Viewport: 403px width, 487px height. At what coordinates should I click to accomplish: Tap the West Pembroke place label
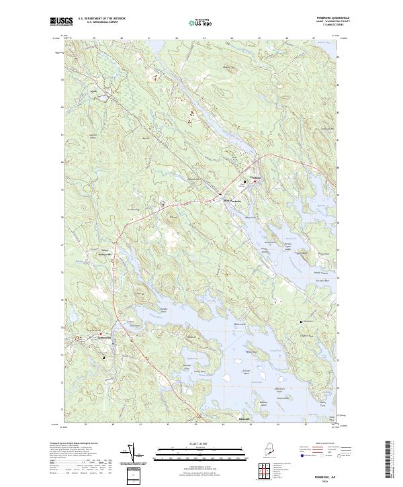[231, 200]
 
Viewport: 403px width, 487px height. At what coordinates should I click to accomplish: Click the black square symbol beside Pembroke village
[244, 181]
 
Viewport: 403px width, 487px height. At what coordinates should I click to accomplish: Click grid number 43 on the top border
[204, 39]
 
